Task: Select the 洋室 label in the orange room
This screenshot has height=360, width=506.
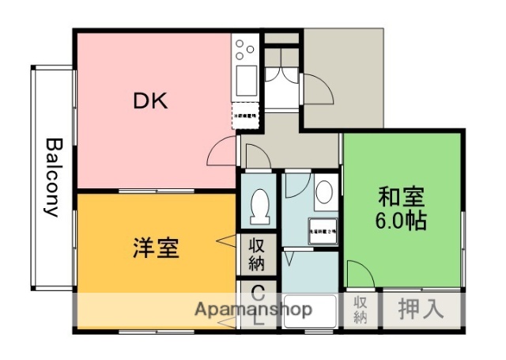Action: coord(155,248)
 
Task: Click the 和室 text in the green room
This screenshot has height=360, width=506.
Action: coord(402,195)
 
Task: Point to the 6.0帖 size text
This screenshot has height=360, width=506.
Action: coord(402,219)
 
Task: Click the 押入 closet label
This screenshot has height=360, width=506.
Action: coord(420,309)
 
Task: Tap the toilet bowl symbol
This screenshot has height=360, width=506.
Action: coord(259,207)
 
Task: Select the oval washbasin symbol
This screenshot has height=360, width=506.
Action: coord(324,192)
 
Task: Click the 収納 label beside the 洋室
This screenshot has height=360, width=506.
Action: coord(258,254)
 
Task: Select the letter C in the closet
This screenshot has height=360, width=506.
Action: coord(258,290)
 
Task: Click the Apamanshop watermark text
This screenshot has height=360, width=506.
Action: coord(253,308)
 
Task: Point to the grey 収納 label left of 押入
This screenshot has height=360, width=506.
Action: coord(360,309)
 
